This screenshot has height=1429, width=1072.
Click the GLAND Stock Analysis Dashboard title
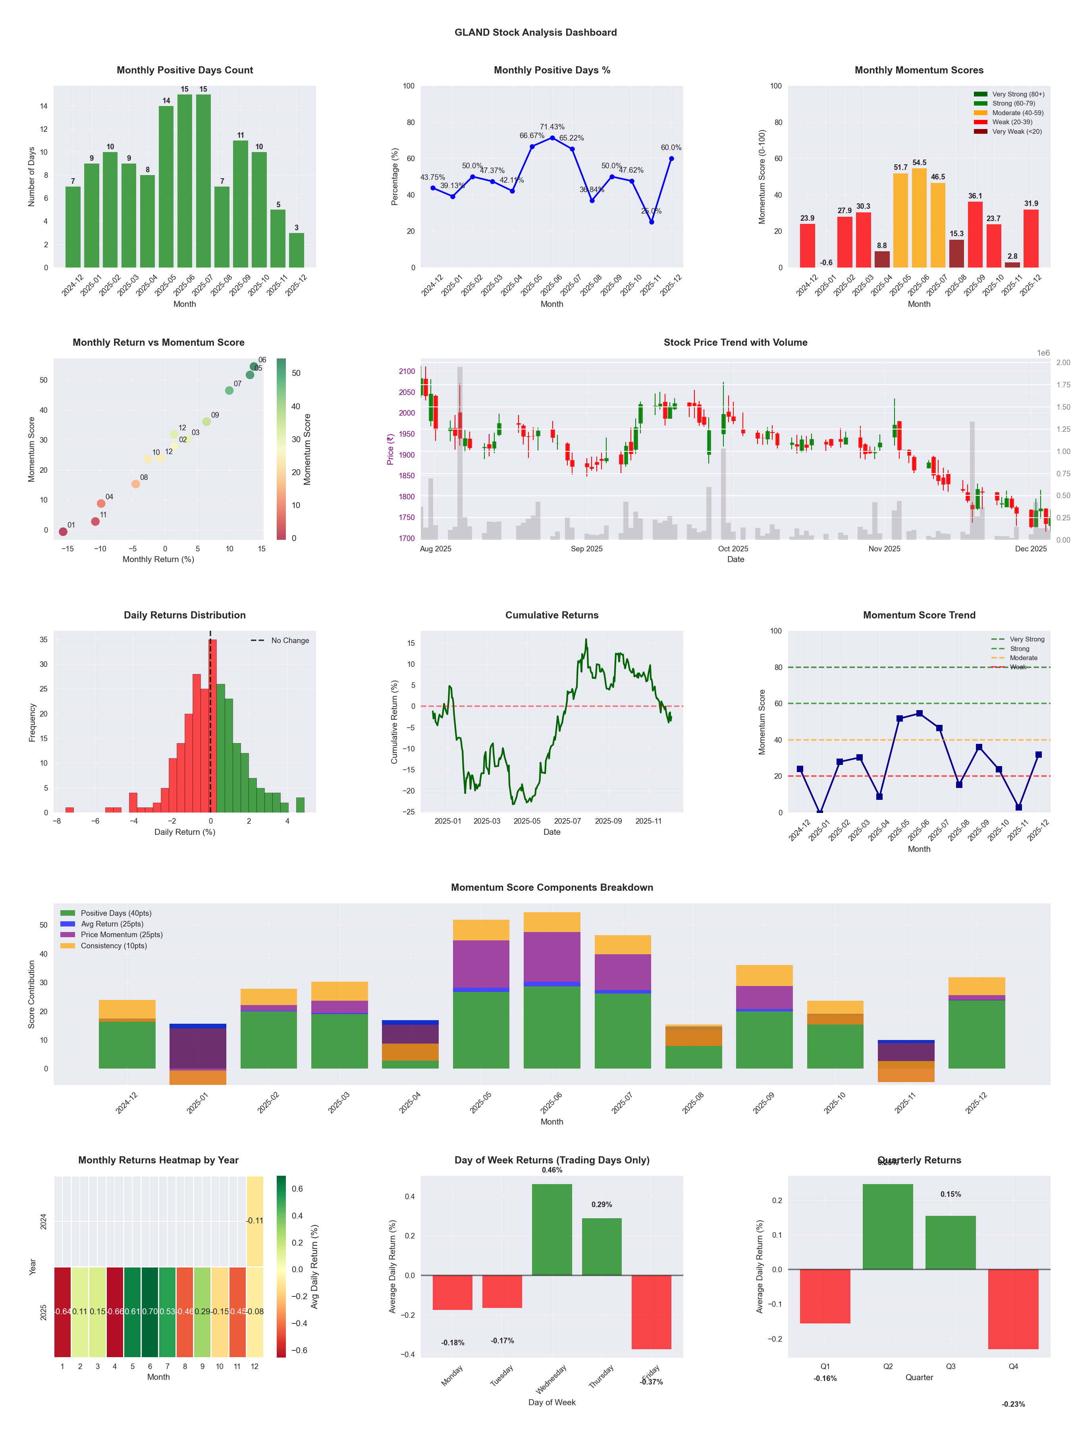(535, 32)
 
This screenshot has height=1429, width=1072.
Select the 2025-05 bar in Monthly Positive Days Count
(166, 187)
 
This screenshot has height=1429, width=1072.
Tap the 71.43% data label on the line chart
(552, 127)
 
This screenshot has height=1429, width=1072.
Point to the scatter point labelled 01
(63, 532)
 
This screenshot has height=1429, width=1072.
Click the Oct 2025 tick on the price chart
(733, 549)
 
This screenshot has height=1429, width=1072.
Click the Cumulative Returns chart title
(552, 615)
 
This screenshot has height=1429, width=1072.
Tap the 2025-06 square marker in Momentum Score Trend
(919, 713)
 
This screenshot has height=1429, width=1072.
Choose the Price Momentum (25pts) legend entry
(121, 934)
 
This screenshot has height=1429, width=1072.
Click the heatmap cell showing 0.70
(150, 1312)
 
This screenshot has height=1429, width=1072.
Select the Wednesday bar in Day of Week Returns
(552, 1229)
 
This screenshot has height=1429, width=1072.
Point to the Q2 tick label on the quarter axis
(888, 1366)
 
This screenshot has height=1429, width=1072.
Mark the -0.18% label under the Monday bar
(452, 1342)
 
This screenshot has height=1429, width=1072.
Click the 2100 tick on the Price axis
(407, 372)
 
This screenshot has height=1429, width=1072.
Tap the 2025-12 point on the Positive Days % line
(671, 158)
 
